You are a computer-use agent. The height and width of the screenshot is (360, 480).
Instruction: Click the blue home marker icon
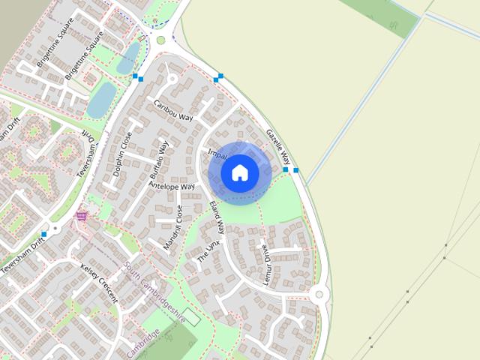pos(240,173)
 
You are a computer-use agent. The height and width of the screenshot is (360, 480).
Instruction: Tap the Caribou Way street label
pos(173,111)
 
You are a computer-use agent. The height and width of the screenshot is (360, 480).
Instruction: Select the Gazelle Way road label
pos(277,147)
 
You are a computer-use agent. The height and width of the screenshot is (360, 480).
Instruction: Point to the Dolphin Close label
pos(121,154)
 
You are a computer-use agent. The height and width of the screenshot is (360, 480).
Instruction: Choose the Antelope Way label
pos(172,185)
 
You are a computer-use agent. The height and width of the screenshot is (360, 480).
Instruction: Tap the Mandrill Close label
pos(172,228)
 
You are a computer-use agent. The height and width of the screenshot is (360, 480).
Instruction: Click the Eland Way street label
pos(217,218)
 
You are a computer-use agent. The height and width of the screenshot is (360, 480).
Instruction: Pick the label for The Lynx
pos(208,251)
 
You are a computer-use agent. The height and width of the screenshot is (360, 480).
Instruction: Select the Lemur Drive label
pos(265,262)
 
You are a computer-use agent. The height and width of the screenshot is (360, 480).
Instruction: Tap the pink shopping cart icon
pos(81,216)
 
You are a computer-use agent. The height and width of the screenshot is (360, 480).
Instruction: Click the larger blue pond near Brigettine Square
pos(102,100)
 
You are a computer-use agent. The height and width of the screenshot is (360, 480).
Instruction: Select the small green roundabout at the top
pos(160,40)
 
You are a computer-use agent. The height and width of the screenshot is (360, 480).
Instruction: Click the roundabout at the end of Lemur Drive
pos(319,295)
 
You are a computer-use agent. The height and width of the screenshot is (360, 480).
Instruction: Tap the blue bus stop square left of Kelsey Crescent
pos(44,235)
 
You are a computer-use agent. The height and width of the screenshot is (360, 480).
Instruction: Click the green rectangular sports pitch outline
pos(191,317)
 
